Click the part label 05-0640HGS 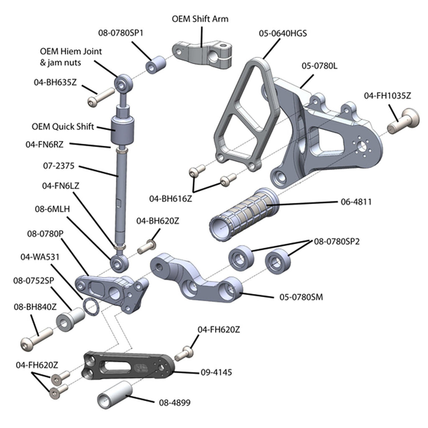283,33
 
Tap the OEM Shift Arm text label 200,19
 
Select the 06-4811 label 356,202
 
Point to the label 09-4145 216,372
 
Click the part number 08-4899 175,403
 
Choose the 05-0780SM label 301,298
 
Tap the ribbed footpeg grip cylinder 242,216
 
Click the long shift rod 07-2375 120,196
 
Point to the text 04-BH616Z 171,199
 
